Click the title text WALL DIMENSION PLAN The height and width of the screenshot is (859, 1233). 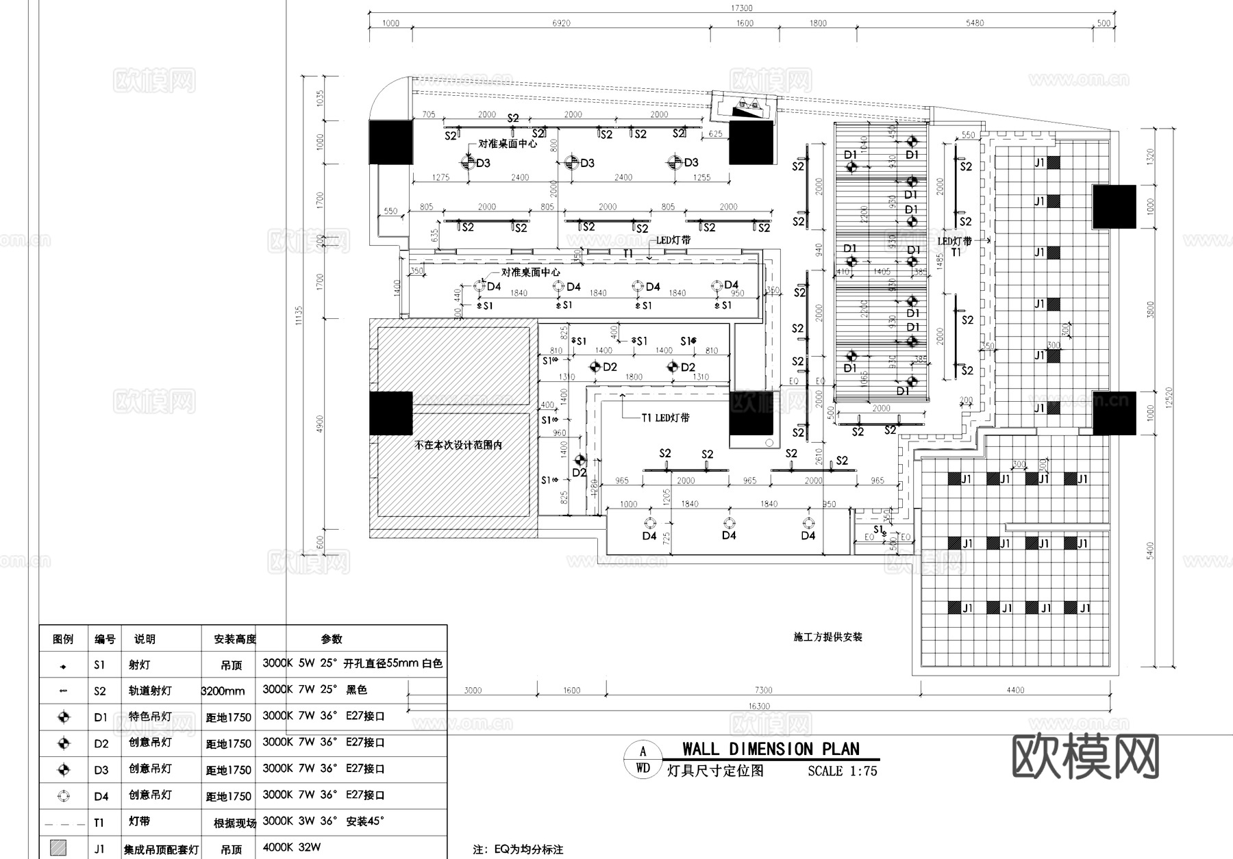pos(771,749)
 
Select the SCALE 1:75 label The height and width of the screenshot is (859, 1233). pos(842,771)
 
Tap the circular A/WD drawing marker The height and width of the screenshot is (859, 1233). pos(643,760)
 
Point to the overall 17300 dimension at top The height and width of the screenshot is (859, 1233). pos(741,8)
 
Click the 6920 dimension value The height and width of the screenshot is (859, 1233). pos(561,23)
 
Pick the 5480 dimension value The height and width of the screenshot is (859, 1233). pos(974,23)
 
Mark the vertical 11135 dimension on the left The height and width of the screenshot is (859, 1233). pos(299,316)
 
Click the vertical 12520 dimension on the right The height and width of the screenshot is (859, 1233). pos(1169,397)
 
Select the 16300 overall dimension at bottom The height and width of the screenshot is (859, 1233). pos(758,706)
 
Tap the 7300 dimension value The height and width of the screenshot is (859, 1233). pos(763,691)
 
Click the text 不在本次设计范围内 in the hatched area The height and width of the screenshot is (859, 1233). pos(458,445)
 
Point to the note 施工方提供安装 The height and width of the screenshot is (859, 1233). pos(827,637)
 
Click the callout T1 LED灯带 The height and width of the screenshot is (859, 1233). pos(665,418)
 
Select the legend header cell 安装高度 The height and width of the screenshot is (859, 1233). pos(234,639)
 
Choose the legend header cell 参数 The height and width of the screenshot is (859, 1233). pos(332,639)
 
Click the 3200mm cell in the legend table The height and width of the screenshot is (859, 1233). pos(223,691)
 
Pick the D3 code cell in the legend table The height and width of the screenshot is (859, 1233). pos(101,770)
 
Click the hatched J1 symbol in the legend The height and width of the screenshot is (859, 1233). pos(59,848)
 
